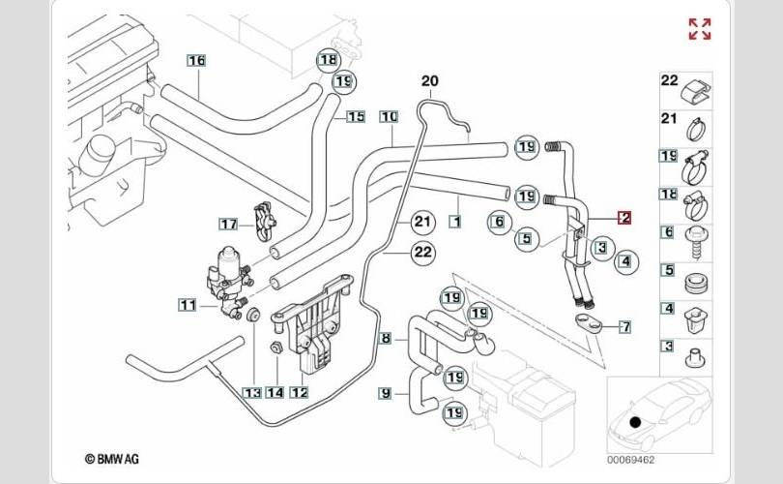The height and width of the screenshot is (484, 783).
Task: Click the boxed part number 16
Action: point(196,60)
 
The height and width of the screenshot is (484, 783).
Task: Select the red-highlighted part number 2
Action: point(624,218)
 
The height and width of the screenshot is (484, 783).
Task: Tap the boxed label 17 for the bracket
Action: point(228,225)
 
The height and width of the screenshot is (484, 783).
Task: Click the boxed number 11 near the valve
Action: point(186,306)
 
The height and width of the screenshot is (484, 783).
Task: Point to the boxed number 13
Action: point(251,392)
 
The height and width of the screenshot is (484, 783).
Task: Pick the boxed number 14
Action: point(275,392)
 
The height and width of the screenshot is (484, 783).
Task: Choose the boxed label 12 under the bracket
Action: point(299,392)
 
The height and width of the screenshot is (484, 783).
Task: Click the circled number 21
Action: point(421,222)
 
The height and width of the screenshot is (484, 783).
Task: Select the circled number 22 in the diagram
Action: point(421,253)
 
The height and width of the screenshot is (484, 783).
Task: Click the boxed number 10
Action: point(389,117)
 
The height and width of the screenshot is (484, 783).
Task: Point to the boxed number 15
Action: point(356,117)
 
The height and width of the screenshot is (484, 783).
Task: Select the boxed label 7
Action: point(624,326)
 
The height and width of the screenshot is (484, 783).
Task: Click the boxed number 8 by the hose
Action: point(386,339)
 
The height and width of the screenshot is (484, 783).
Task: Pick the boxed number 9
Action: point(386,393)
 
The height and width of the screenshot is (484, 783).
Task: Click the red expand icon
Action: point(699,29)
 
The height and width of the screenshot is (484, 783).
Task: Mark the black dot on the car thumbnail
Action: point(635,422)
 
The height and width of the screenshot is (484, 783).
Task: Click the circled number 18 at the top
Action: point(329,60)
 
